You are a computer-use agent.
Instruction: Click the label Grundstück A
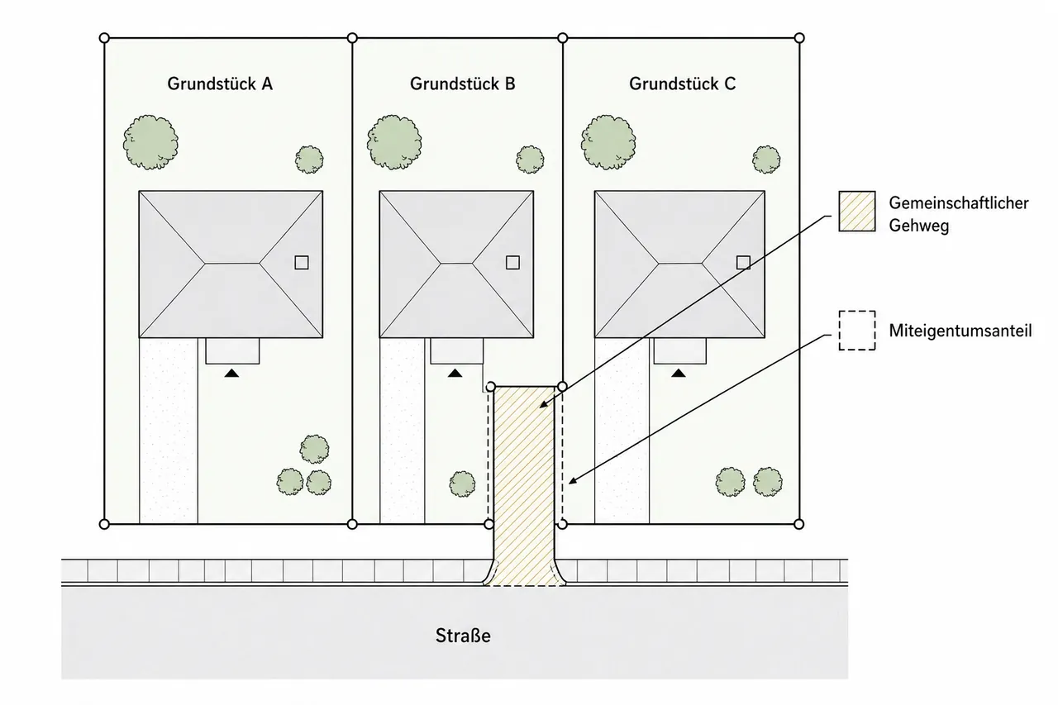pyautogui.click(x=220, y=83)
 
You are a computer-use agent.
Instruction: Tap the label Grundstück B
pyautogui.click(x=462, y=83)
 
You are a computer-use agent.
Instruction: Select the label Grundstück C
pyautogui.click(x=683, y=83)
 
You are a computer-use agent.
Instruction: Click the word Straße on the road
pyautogui.click(x=463, y=636)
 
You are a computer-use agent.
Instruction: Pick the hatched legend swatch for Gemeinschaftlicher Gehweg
pyautogui.click(x=857, y=211)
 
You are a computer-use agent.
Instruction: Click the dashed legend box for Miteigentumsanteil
pyautogui.click(x=857, y=331)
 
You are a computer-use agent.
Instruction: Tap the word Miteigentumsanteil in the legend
pyautogui.click(x=960, y=331)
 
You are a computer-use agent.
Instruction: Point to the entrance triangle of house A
pyautogui.click(x=231, y=374)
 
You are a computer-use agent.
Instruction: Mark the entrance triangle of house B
pyautogui.click(x=455, y=374)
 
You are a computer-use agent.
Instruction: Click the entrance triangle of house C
pyautogui.click(x=679, y=374)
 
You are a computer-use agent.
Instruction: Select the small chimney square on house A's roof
pyautogui.click(x=302, y=263)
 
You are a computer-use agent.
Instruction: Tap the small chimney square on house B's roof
pyautogui.click(x=512, y=263)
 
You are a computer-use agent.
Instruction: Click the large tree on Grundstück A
pyautogui.click(x=150, y=142)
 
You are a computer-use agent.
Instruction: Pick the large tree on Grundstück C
pyautogui.click(x=608, y=142)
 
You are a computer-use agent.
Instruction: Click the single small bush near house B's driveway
pyautogui.click(x=462, y=484)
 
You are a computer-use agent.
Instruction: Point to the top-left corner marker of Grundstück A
pyautogui.click(x=104, y=38)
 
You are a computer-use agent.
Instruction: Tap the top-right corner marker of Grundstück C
pyautogui.click(x=799, y=38)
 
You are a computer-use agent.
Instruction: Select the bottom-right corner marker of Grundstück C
pyautogui.click(x=798, y=524)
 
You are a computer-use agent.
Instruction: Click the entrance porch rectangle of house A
pyautogui.click(x=232, y=351)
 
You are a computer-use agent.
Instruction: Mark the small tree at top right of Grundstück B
pyautogui.click(x=530, y=160)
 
